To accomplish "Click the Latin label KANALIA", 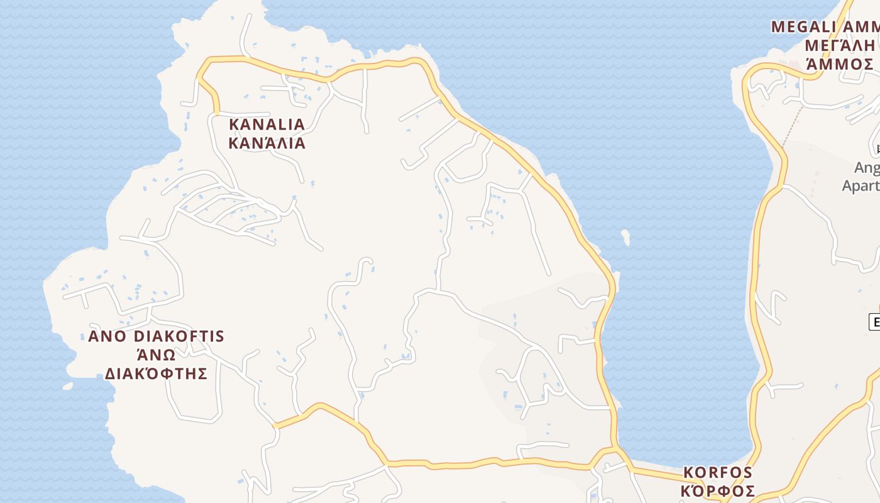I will [267, 124].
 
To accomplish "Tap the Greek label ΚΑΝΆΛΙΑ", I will [267, 143].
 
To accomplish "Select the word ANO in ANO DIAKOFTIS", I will [106, 336].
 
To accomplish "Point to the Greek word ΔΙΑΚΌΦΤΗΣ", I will [156, 374].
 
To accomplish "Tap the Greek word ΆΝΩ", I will [156, 355].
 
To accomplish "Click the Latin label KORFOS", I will [717, 472].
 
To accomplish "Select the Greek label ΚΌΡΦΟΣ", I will [717, 490].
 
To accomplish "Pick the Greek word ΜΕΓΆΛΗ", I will [840, 45].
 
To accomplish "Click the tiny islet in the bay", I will [625, 237].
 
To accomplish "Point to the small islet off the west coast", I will [67, 385].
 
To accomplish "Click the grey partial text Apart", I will [861, 186].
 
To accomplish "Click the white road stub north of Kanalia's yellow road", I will [245, 35].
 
